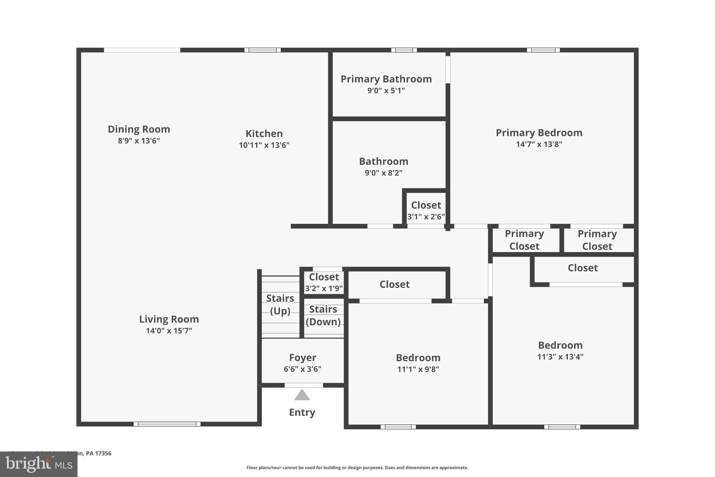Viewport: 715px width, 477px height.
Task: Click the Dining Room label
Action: (139, 129)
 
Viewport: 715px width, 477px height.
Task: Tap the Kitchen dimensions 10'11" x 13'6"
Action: (264, 145)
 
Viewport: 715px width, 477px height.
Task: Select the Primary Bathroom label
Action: (386, 79)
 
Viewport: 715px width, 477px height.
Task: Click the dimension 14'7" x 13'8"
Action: (539, 144)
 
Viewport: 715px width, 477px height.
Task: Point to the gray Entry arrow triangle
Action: (302, 396)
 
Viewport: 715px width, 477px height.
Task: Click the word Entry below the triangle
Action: (302, 412)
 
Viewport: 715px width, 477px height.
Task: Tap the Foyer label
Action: (302, 357)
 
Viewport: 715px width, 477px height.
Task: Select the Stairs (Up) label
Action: (280, 304)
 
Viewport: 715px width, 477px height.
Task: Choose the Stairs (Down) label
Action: (323, 315)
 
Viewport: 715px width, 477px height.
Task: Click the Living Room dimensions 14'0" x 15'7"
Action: (169, 331)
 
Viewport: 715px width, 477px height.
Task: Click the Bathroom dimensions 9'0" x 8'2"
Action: (384, 173)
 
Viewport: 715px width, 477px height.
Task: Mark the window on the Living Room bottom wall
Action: (167, 424)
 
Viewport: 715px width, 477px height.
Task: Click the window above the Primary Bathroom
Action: (404, 50)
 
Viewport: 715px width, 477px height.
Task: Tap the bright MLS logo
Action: (38, 464)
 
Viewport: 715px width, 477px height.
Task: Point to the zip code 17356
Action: (103, 453)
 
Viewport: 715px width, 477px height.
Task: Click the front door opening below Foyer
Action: (303, 385)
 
